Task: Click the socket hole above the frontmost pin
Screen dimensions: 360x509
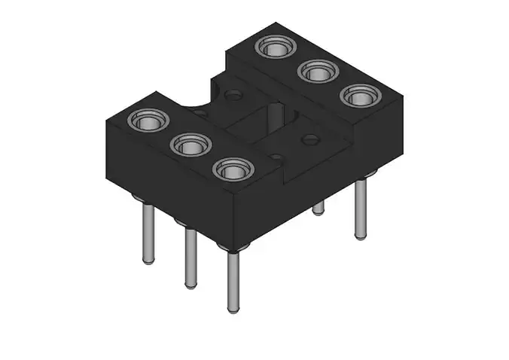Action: [231, 169]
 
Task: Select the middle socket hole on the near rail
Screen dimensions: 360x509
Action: [190, 145]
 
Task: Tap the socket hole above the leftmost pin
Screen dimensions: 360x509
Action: [148, 120]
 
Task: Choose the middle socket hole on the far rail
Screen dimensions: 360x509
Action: [315, 72]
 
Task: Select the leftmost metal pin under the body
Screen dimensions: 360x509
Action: [148, 233]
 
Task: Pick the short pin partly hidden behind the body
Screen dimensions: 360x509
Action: [319, 207]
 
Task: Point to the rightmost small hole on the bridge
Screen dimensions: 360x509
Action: [309, 139]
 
